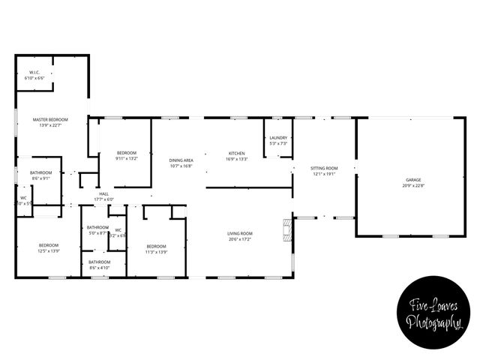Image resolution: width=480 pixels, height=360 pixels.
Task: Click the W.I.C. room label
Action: point(34,73)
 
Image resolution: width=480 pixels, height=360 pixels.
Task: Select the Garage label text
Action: point(413,180)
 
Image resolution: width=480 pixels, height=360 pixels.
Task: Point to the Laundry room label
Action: point(279,138)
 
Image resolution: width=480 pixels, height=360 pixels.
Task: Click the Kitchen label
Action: point(237,154)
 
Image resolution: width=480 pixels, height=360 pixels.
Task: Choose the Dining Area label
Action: point(181,160)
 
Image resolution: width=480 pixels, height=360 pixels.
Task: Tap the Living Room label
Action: point(240,234)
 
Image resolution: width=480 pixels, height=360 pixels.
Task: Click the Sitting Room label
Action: point(324,168)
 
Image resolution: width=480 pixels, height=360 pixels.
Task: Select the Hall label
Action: point(104,193)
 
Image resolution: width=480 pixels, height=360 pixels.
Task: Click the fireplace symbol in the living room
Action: point(285,229)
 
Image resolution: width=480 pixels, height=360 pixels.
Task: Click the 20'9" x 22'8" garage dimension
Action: point(413,185)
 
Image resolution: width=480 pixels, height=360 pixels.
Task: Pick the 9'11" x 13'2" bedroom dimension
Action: point(126,158)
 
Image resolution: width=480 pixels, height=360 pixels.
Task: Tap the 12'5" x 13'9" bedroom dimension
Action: point(49,250)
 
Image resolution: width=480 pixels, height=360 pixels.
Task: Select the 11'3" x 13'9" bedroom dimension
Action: point(156,251)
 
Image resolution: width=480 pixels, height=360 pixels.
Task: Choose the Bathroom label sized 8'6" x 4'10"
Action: point(99,262)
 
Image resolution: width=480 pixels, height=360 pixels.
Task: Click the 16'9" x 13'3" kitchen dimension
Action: point(237,159)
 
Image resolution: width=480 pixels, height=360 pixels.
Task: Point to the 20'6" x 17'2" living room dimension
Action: point(240,239)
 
